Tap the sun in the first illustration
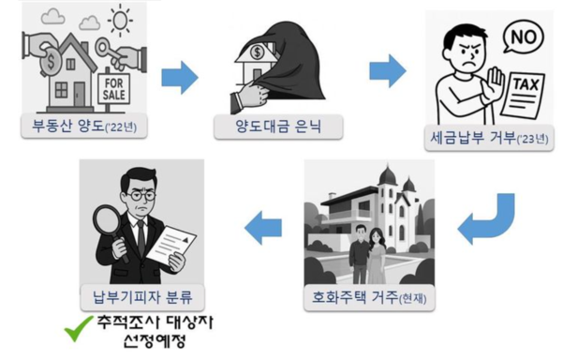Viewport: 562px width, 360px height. [122, 21]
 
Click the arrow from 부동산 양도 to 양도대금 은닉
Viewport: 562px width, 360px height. [180, 78]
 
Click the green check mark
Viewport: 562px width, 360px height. [77, 331]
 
